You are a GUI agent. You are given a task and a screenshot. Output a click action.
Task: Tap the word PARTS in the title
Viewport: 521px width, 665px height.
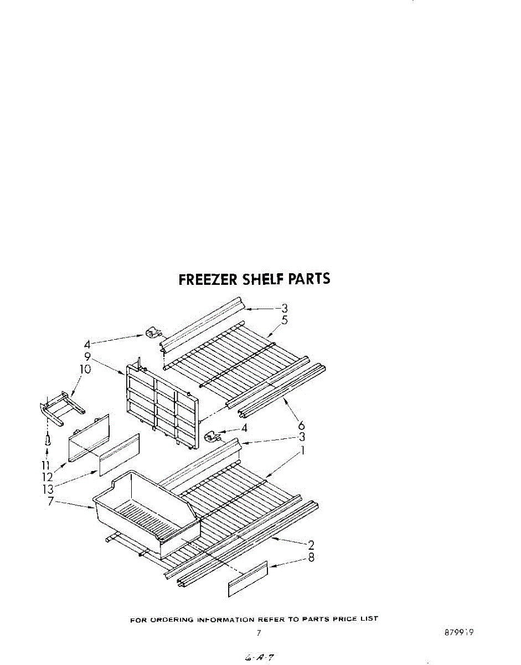point(308,278)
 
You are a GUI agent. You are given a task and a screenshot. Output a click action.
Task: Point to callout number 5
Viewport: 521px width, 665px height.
point(284,320)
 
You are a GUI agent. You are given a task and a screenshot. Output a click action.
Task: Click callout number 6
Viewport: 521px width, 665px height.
point(302,426)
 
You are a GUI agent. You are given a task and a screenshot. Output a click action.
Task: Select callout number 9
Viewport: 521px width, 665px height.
point(87,357)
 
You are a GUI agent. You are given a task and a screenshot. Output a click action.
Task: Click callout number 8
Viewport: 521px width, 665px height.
point(311,558)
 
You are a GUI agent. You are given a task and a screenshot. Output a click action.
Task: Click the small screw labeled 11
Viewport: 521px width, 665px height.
point(48,441)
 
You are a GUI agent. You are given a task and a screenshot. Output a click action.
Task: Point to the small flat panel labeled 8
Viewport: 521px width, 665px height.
point(247,579)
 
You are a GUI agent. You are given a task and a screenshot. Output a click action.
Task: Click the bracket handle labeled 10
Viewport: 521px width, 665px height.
point(62,406)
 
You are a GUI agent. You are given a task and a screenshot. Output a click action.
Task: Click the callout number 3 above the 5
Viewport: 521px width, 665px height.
point(284,308)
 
